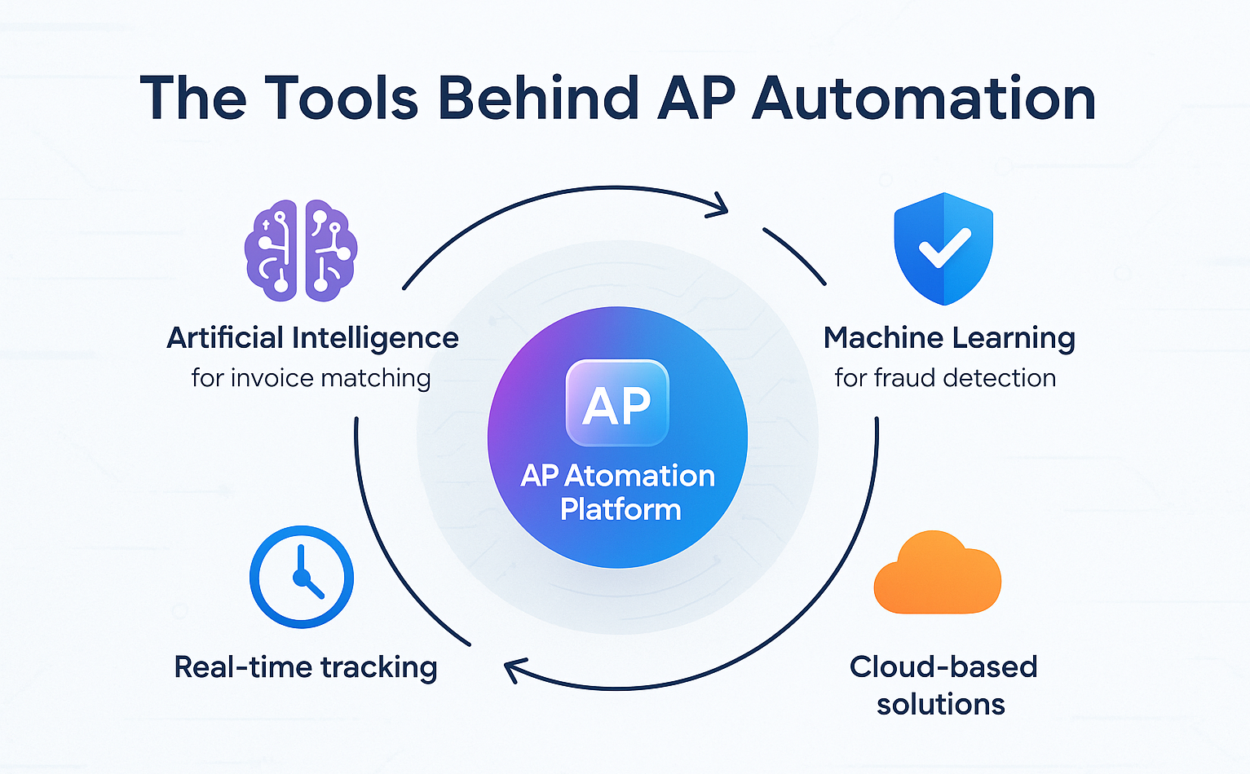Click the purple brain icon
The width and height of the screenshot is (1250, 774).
301,250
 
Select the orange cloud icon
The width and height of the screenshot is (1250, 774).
937,574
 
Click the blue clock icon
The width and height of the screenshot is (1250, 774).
302,577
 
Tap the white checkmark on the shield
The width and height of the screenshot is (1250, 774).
944,248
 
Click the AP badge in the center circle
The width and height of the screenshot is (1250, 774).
617,403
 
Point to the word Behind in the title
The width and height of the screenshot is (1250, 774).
538,99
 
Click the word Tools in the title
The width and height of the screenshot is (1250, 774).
342,99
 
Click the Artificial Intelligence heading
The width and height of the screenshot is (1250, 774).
312,337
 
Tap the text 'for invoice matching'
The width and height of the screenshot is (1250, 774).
311,378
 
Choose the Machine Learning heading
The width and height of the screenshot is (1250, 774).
949,337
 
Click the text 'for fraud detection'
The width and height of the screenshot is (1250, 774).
945,378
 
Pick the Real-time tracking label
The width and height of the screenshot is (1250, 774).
306,667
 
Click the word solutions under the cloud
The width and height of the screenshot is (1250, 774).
941,704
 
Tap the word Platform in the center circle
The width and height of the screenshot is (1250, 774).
621,509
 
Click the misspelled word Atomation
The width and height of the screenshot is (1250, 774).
639,476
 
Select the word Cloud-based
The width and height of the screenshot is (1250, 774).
943,666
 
